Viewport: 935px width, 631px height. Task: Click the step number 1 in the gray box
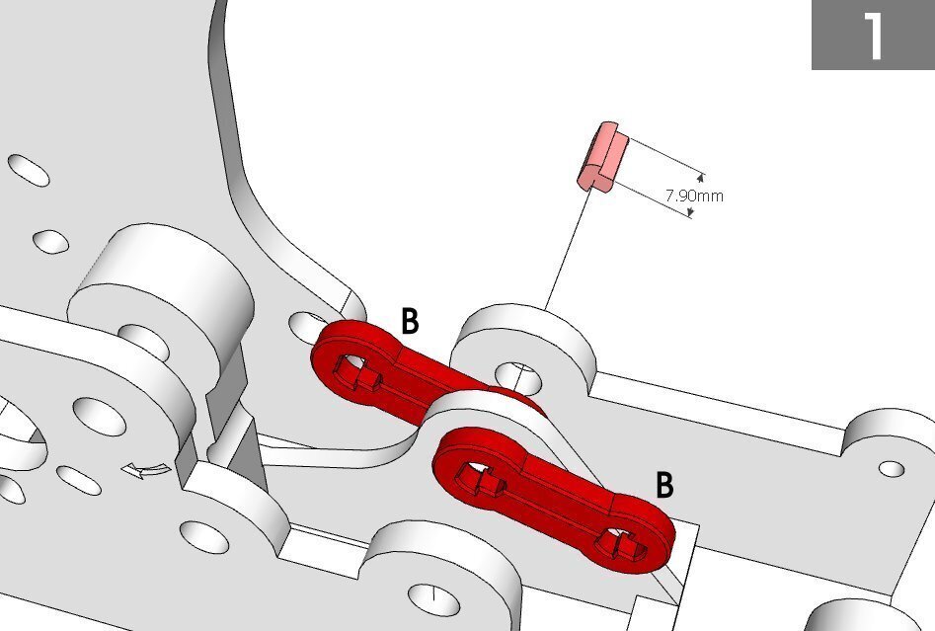pyautogui.click(x=874, y=36)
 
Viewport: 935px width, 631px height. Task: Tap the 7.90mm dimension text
pyautogui.click(x=694, y=196)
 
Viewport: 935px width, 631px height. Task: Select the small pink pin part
pyautogui.click(x=602, y=156)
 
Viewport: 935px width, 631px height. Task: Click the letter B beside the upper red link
pyautogui.click(x=410, y=321)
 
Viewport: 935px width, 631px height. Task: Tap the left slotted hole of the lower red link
pyautogui.click(x=481, y=478)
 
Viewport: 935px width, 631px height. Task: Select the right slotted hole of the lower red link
pyautogui.click(x=621, y=544)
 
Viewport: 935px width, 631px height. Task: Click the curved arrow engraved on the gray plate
pyautogui.click(x=145, y=470)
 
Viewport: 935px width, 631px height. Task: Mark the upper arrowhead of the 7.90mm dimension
pyautogui.click(x=700, y=177)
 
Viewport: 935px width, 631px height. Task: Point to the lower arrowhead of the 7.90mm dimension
pyautogui.click(x=690, y=211)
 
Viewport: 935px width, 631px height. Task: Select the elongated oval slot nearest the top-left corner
pyautogui.click(x=28, y=170)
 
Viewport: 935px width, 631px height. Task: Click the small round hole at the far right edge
pyautogui.click(x=892, y=469)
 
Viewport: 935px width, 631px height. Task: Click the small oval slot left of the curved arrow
pyautogui.click(x=79, y=480)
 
